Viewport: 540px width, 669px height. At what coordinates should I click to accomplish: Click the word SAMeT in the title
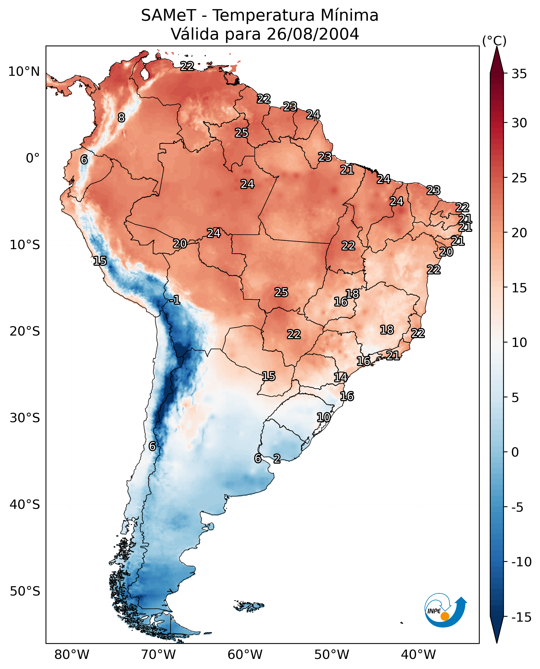(168, 16)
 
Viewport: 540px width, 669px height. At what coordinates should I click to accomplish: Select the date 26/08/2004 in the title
(313, 34)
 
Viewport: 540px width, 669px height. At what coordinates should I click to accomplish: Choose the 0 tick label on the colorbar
(515, 452)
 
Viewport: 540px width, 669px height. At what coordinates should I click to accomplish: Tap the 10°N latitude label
(24, 72)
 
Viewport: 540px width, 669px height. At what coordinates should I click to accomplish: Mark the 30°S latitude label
(25, 418)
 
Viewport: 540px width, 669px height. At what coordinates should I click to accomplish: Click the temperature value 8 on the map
(121, 117)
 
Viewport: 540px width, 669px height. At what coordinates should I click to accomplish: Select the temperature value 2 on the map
(277, 458)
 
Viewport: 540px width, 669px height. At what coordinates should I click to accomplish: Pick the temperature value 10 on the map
(324, 417)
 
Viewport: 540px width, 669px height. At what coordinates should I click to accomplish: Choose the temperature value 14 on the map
(341, 377)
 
